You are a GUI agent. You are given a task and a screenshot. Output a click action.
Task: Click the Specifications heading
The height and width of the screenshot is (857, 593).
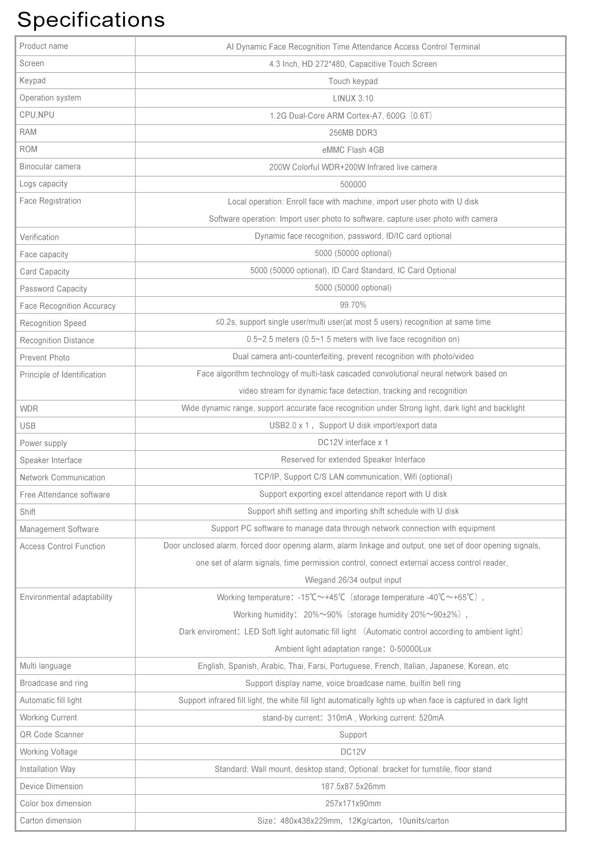[x=91, y=20]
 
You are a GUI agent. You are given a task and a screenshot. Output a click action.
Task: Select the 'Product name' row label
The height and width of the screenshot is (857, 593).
[x=44, y=46]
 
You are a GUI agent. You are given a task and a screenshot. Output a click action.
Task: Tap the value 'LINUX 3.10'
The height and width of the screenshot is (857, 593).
[x=353, y=99]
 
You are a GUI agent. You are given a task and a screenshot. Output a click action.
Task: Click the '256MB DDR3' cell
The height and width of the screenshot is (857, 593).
[x=353, y=133]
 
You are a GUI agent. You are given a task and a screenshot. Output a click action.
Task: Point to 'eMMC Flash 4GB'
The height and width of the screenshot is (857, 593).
[x=353, y=150]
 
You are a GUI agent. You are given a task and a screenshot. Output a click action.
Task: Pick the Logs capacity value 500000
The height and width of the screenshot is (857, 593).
[x=353, y=184]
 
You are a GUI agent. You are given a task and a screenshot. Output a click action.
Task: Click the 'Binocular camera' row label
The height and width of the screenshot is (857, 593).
[x=50, y=166]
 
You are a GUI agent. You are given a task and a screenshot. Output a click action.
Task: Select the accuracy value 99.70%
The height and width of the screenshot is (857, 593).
[x=353, y=305]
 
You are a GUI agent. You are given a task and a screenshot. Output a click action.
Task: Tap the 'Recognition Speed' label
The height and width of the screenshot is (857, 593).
[x=53, y=323]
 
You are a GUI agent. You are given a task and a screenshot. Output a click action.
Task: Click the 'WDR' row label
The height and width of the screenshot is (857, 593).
[x=29, y=409]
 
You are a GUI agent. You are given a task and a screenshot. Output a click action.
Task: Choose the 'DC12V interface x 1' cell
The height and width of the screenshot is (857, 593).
[x=353, y=443]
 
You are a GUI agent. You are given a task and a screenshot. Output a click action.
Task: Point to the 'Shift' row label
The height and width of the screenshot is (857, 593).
[x=27, y=512]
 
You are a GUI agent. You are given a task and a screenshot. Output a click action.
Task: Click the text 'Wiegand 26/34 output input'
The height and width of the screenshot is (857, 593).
[x=353, y=580]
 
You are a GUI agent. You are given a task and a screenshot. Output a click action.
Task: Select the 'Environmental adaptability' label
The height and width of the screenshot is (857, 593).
[x=66, y=597]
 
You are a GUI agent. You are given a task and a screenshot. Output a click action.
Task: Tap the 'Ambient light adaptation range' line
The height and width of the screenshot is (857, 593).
[x=353, y=649]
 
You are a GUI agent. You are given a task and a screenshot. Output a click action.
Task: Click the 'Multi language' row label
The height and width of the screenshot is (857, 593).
[x=45, y=666]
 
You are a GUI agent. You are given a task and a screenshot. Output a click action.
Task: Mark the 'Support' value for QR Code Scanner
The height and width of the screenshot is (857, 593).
[x=353, y=735]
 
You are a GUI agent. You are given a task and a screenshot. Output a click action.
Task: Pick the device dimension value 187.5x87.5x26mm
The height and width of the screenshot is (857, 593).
[x=353, y=786]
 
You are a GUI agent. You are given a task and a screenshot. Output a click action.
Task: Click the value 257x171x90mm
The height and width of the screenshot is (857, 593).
[x=353, y=804]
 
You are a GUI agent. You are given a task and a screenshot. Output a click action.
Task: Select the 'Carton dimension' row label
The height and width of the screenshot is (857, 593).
[x=50, y=821]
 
